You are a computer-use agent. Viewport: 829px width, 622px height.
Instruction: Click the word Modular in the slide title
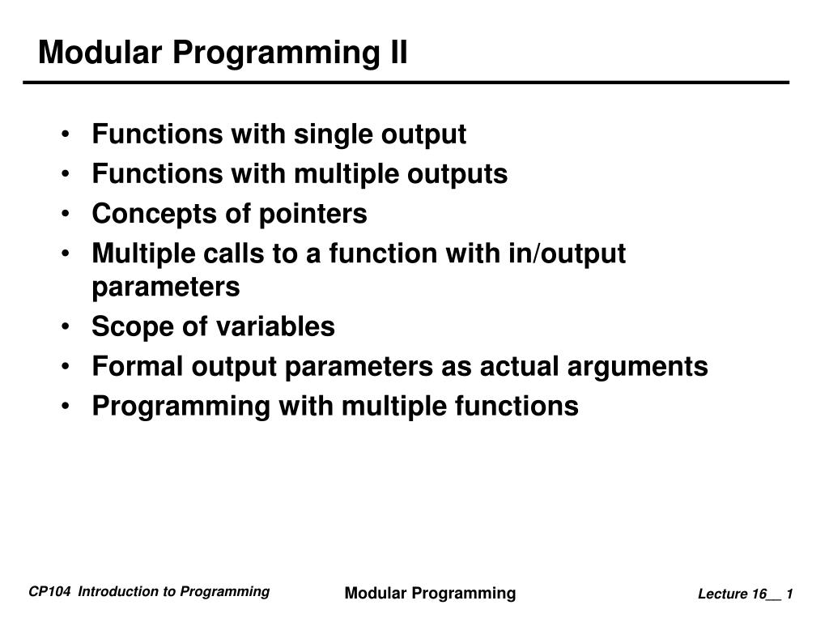click(x=90, y=53)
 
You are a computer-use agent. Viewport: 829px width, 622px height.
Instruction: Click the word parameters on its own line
click(x=166, y=287)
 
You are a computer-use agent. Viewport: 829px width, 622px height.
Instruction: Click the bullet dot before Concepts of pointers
click(x=66, y=215)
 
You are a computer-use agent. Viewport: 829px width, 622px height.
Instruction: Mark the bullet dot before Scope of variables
click(x=66, y=328)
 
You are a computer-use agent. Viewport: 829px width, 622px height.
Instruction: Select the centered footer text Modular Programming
click(x=430, y=593)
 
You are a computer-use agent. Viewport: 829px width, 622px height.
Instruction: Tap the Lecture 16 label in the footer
click(x=733, y=594)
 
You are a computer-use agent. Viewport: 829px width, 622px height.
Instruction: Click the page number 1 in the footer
click(x=789, y=594)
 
